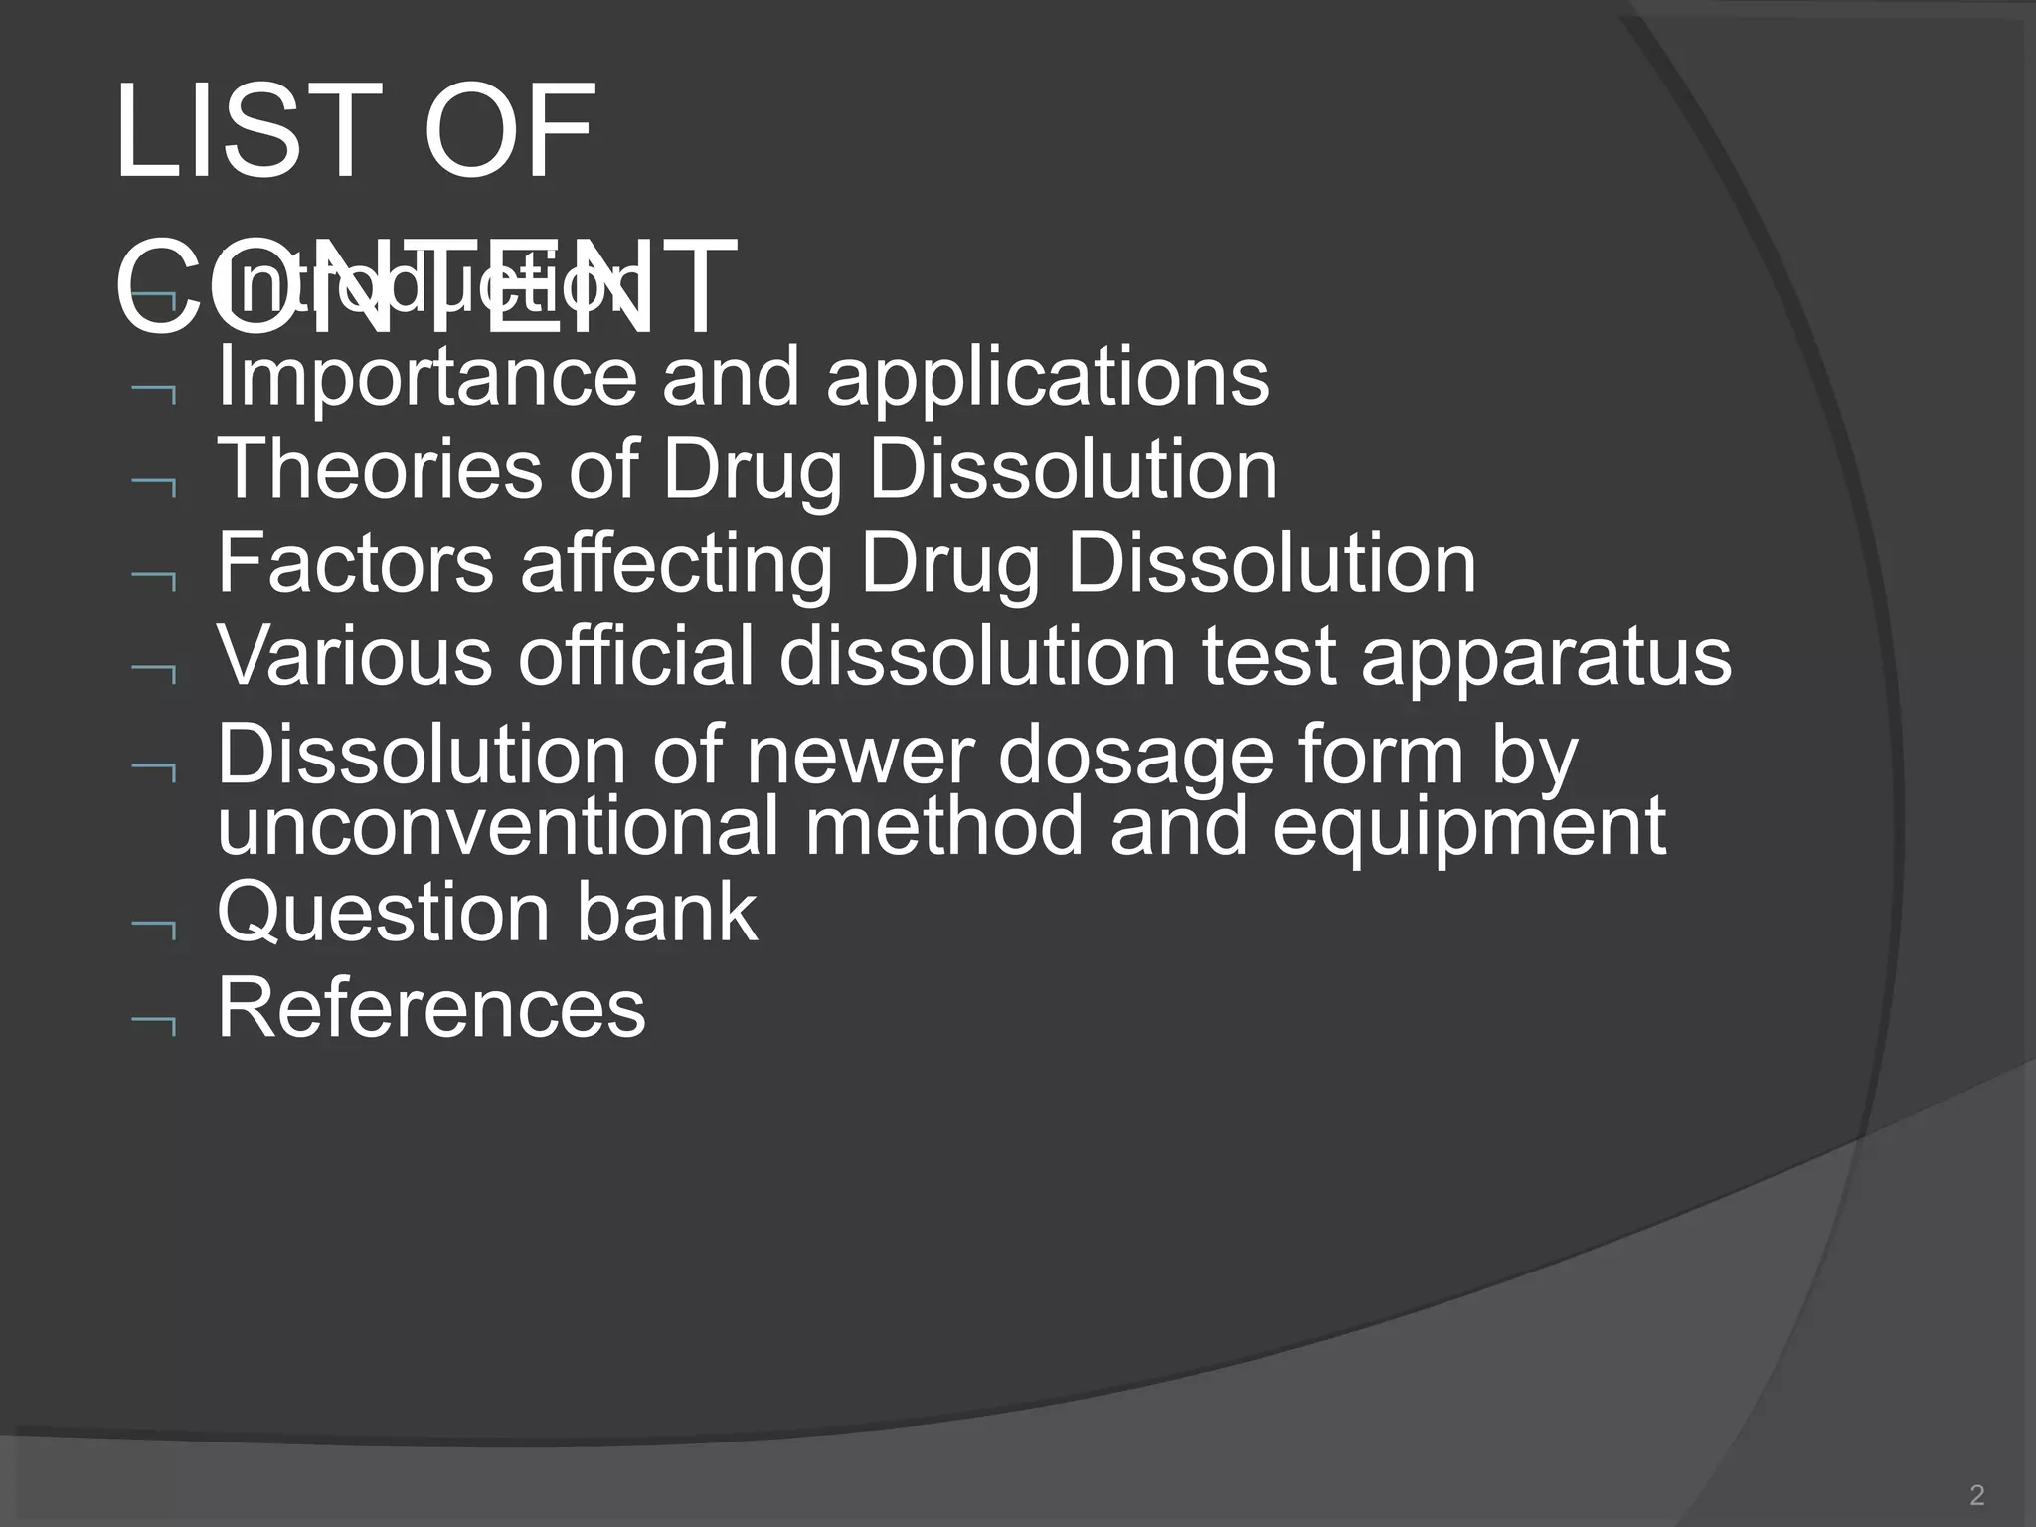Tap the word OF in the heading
pyautogui.click(x=509, y=132)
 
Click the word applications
pyautogui.click(x=1047, y=379)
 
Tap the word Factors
pyautogui.click(x=355, y=564)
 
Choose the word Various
pyautogui.click(x=355, y=656)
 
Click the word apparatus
pyautogui.click(x=1546, y=656)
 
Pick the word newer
pyautogui.click(x=856, y=756)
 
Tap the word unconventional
pyautogui.click(x=497, y=827)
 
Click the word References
pyautogui.click(x=431, y=1007)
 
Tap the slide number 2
pyautogui.click(x=1976, y=1494)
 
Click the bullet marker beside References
pyautogui.click(x=154, y=1027)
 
